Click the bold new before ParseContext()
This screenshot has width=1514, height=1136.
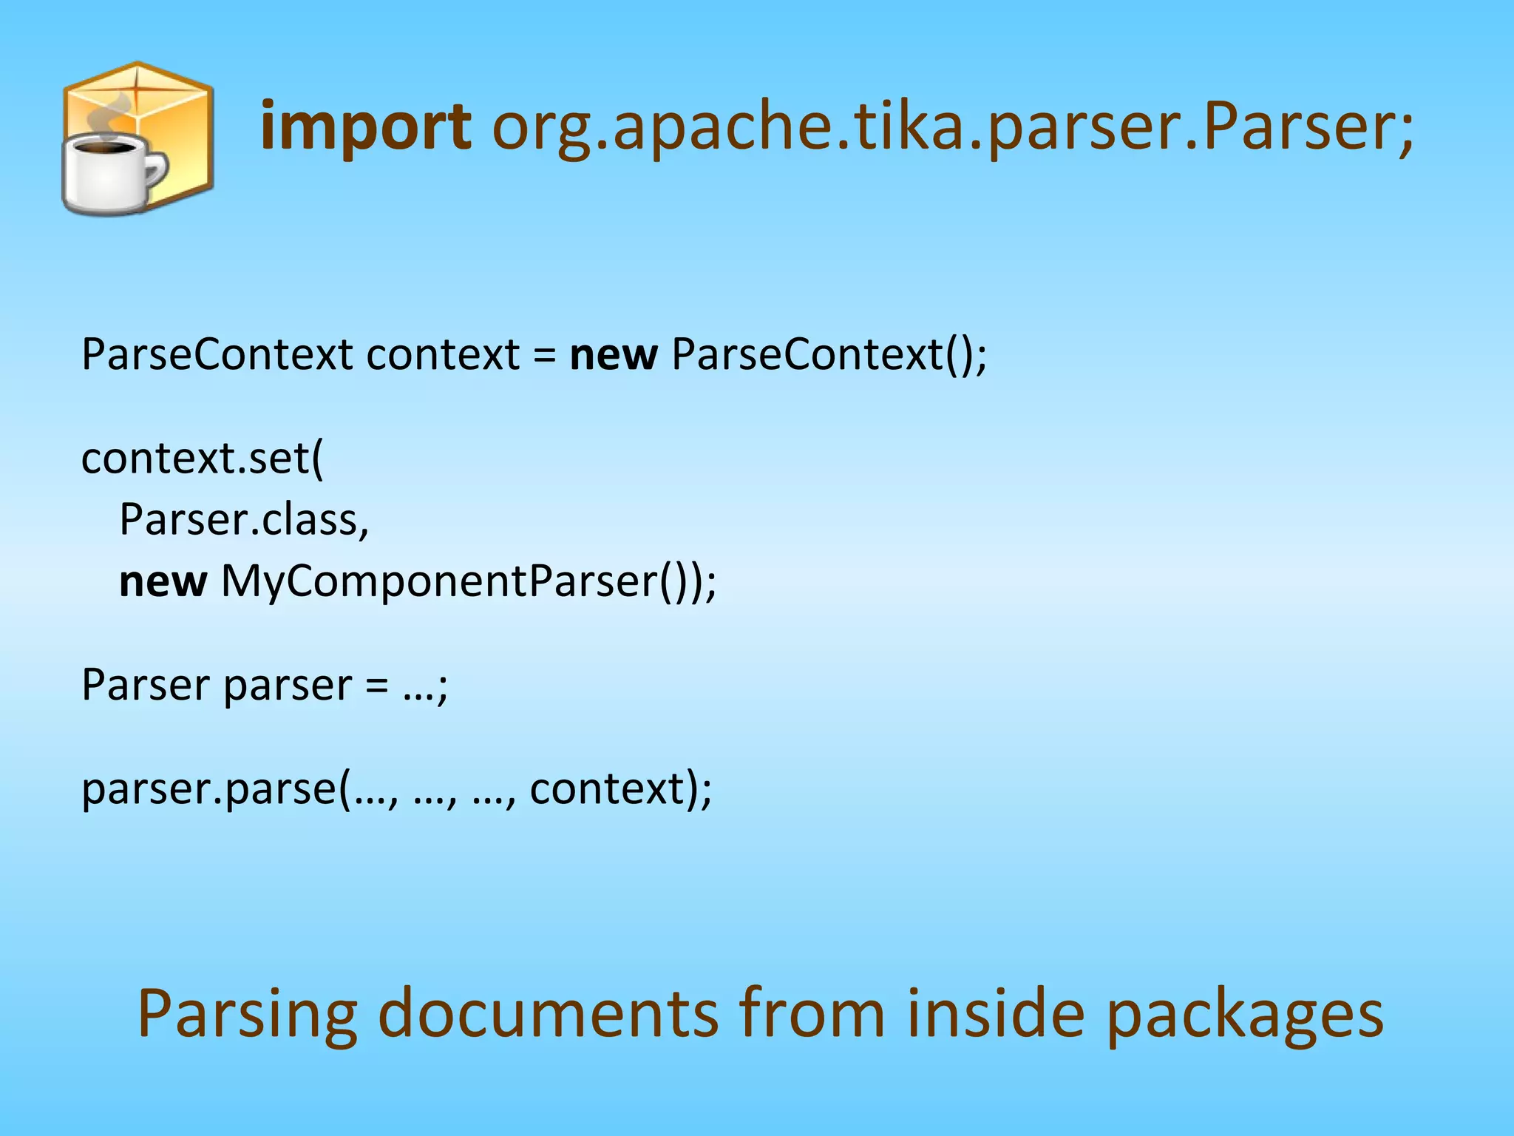click(613, 355)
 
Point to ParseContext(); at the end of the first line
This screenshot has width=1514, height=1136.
click(828, 355)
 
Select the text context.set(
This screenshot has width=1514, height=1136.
click(202, 459)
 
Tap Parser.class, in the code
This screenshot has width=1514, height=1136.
click(244, 519)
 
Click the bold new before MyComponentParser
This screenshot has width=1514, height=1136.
click(163, 581)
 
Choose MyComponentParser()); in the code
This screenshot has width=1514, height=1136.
click(469, 581)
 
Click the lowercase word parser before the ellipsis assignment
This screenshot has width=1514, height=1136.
click(287, 686)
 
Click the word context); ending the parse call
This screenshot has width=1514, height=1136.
click(619, 788)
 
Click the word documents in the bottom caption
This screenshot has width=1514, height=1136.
click(548, 1013)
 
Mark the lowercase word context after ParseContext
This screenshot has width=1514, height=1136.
click(443, 355)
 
